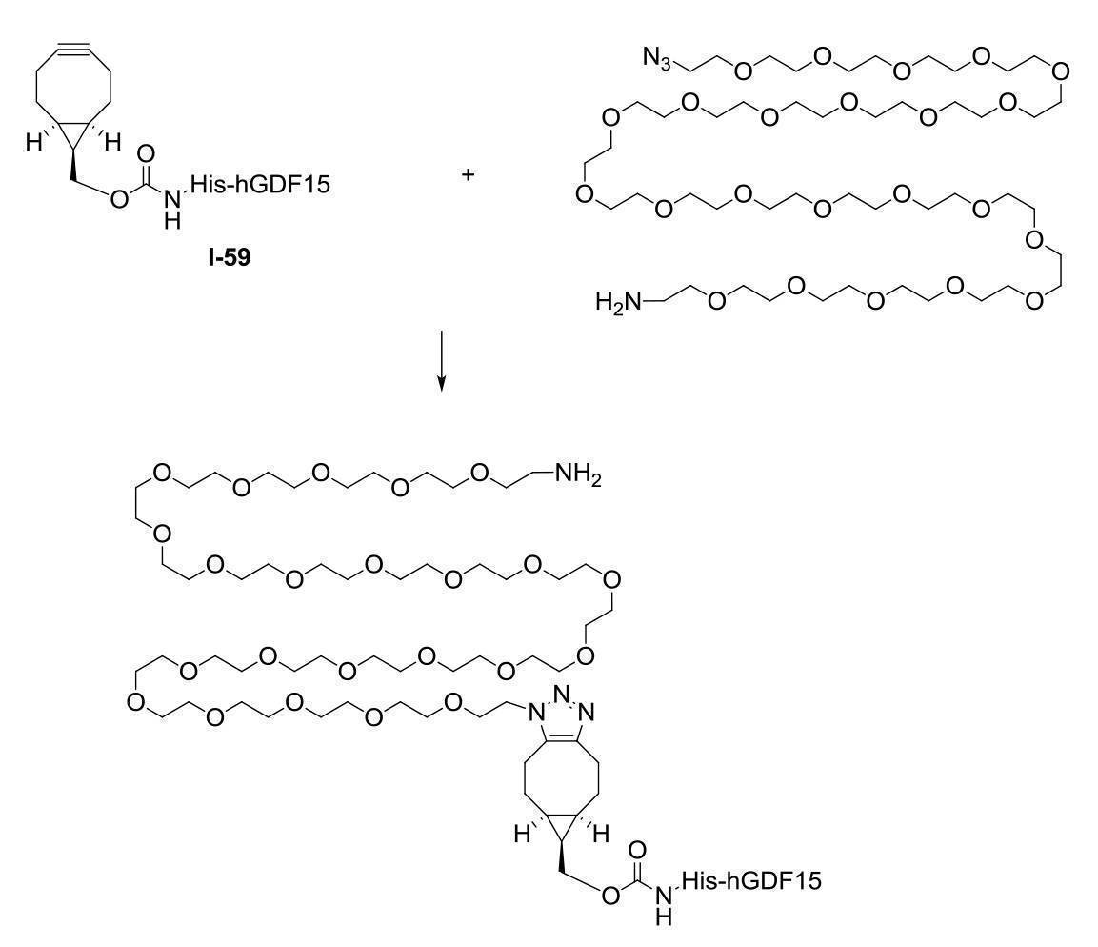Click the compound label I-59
click(x=229, y=258)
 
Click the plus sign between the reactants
click(x=468, y=173)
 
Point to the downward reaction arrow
click(x=441, y=360)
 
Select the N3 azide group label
click(x=657, y=58)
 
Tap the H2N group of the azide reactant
click(x=618, y=302)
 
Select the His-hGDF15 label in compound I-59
click(x=260, y=184)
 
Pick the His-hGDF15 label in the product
click(x=751, y=879)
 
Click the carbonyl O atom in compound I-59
click(x=147, y=153)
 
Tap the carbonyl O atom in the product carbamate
click(x=637, y=850)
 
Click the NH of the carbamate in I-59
click(x=173, y=211)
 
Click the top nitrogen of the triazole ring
click(x=561, y=695)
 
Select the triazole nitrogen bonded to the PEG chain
click(x=536, y=713)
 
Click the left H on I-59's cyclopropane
click(x=33, y=144)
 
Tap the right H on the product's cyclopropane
click(x=602, y=834)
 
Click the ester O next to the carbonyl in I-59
click(x=119, y=199)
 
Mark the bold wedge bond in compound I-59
click(x=72, y=166)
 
